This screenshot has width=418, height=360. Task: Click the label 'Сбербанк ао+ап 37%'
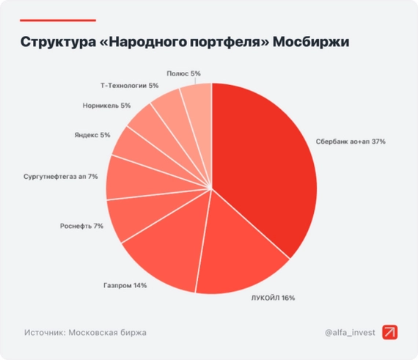click(x=351, y=141)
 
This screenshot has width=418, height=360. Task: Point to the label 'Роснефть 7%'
click(x=81, y=226)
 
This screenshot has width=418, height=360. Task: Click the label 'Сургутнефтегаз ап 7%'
click(x=61, y=177)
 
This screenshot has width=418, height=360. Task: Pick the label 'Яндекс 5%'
click(x=92, y=135)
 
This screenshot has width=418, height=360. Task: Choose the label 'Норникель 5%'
click(x=107, y=106)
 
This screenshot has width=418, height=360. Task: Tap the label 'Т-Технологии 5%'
click(x=129, y=86)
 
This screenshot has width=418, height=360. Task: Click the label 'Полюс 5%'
click(x=183, y=73)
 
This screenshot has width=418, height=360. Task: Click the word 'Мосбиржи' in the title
click(x=311, y=41)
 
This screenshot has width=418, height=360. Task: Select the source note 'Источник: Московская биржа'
click(x=85, y=332)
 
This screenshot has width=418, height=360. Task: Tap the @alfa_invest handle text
click(x=350, y=332)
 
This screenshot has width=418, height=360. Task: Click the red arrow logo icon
click(x=390, y=332)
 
